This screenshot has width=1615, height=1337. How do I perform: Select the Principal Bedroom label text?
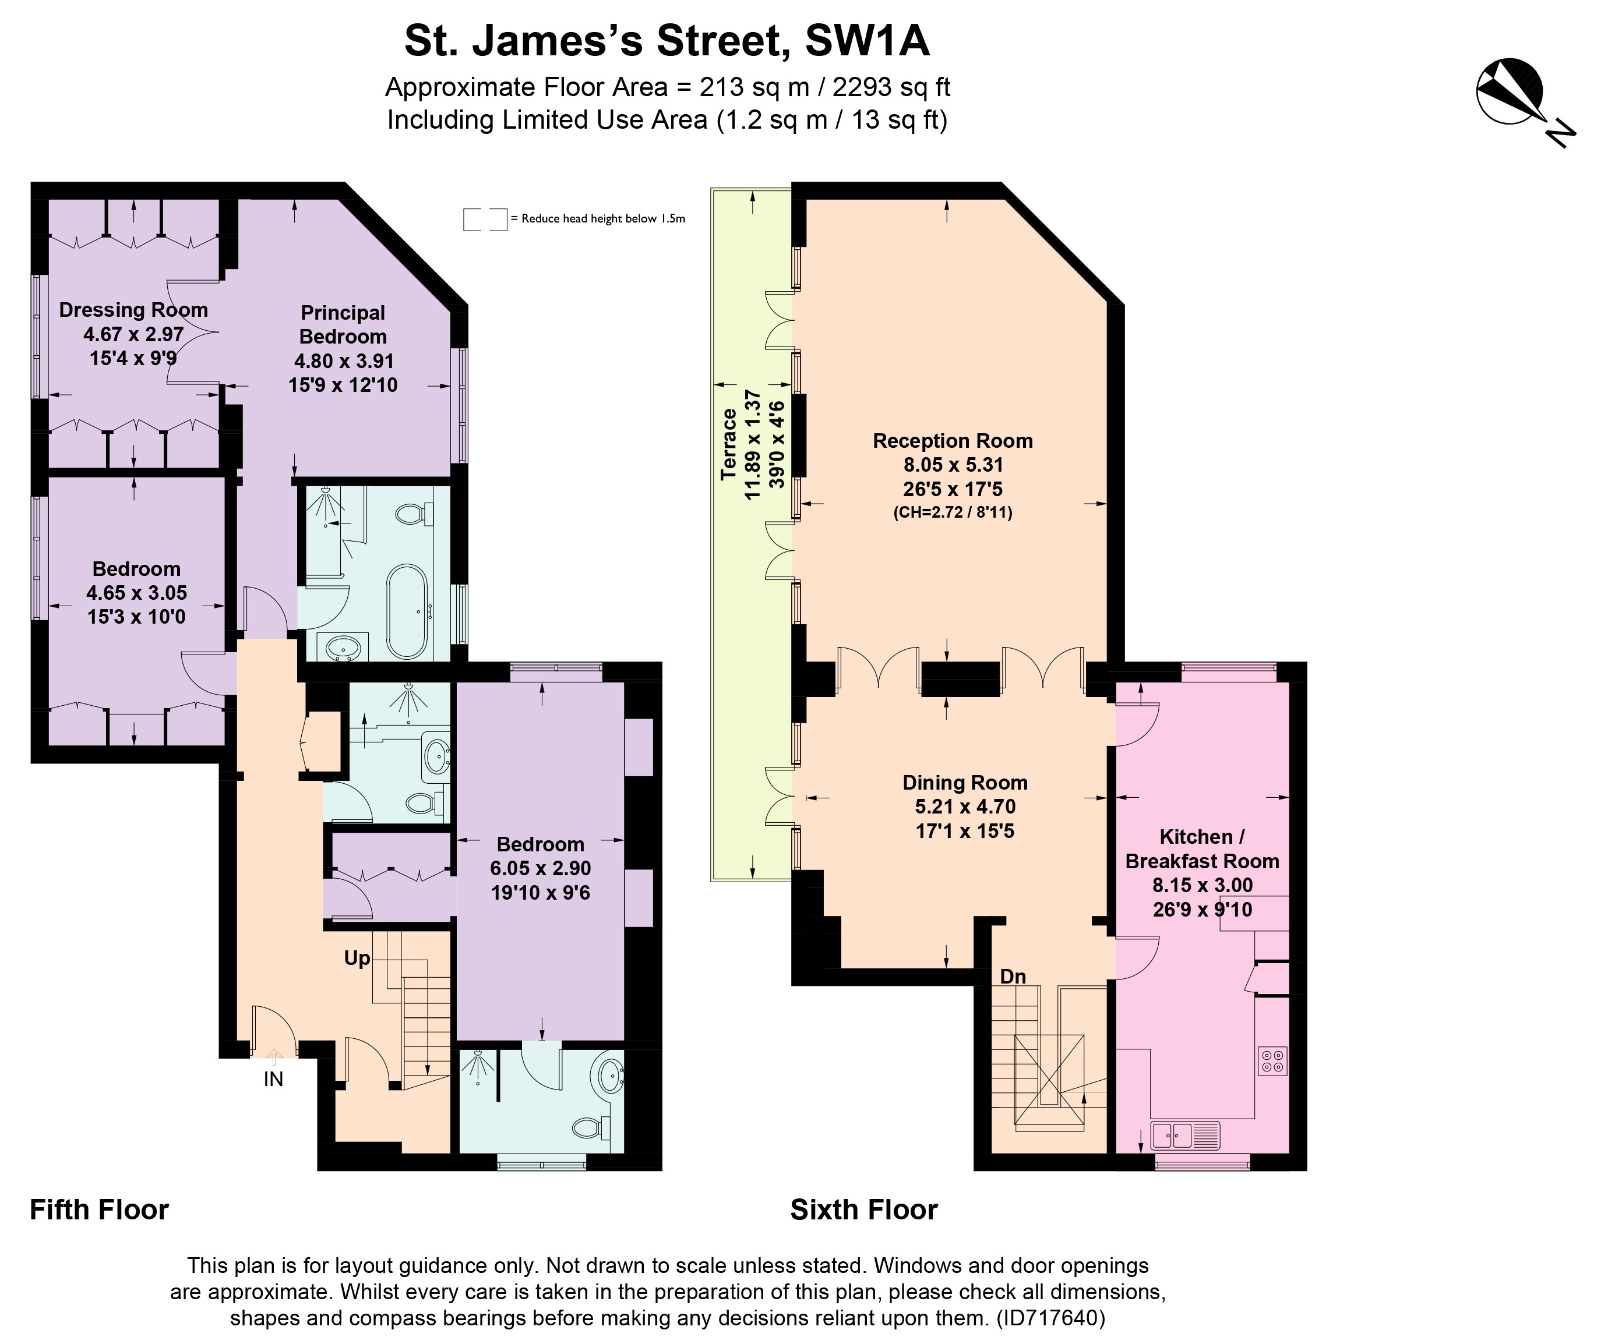coord(343,324)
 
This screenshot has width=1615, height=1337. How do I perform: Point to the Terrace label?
coord(728,444)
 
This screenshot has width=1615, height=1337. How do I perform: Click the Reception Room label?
coord(952,441)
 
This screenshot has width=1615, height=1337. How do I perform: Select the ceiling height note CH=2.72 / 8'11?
coord(952,512)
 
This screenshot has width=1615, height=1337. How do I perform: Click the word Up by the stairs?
coord(357,958)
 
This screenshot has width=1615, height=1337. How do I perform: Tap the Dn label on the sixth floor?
coord(1013,977)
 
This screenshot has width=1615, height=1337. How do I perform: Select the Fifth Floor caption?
coord(99,1209)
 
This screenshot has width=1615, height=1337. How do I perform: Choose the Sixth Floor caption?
coord(863,1209)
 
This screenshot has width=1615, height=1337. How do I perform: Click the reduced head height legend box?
coord(485,219)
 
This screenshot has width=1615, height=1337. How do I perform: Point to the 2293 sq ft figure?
coord(891,87)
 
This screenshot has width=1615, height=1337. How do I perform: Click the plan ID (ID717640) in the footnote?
coord(1050,1318)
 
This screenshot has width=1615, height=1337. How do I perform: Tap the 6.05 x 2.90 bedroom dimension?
coord(541,868)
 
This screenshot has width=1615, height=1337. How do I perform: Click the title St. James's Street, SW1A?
coord(667,41)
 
